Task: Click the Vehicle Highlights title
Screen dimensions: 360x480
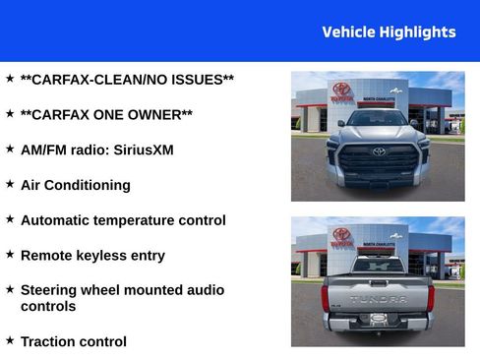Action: [389, 32]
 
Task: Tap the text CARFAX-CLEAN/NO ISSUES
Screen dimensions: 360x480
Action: [127, 79]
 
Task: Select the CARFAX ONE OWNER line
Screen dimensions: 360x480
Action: [106, 114]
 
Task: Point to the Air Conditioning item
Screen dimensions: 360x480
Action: [75, 185]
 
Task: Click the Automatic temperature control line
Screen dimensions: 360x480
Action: [123, 220]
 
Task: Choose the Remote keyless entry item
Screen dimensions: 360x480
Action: [92, 256]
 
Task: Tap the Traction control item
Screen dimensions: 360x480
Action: [73, 342]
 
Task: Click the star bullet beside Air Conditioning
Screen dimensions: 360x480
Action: [10, 184]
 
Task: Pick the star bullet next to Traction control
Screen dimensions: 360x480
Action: [10, 340]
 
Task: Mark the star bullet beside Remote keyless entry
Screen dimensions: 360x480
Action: [10, 254]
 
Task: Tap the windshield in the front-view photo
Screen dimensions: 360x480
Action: [378, 119]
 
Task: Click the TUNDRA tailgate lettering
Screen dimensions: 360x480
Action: [378, 298]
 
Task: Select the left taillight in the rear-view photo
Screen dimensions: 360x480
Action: [326, 296]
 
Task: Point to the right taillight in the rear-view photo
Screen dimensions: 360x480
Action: [431, 296]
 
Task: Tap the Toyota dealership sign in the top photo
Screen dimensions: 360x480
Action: [341, 91]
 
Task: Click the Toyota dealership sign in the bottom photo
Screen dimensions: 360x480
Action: [341, 236]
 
